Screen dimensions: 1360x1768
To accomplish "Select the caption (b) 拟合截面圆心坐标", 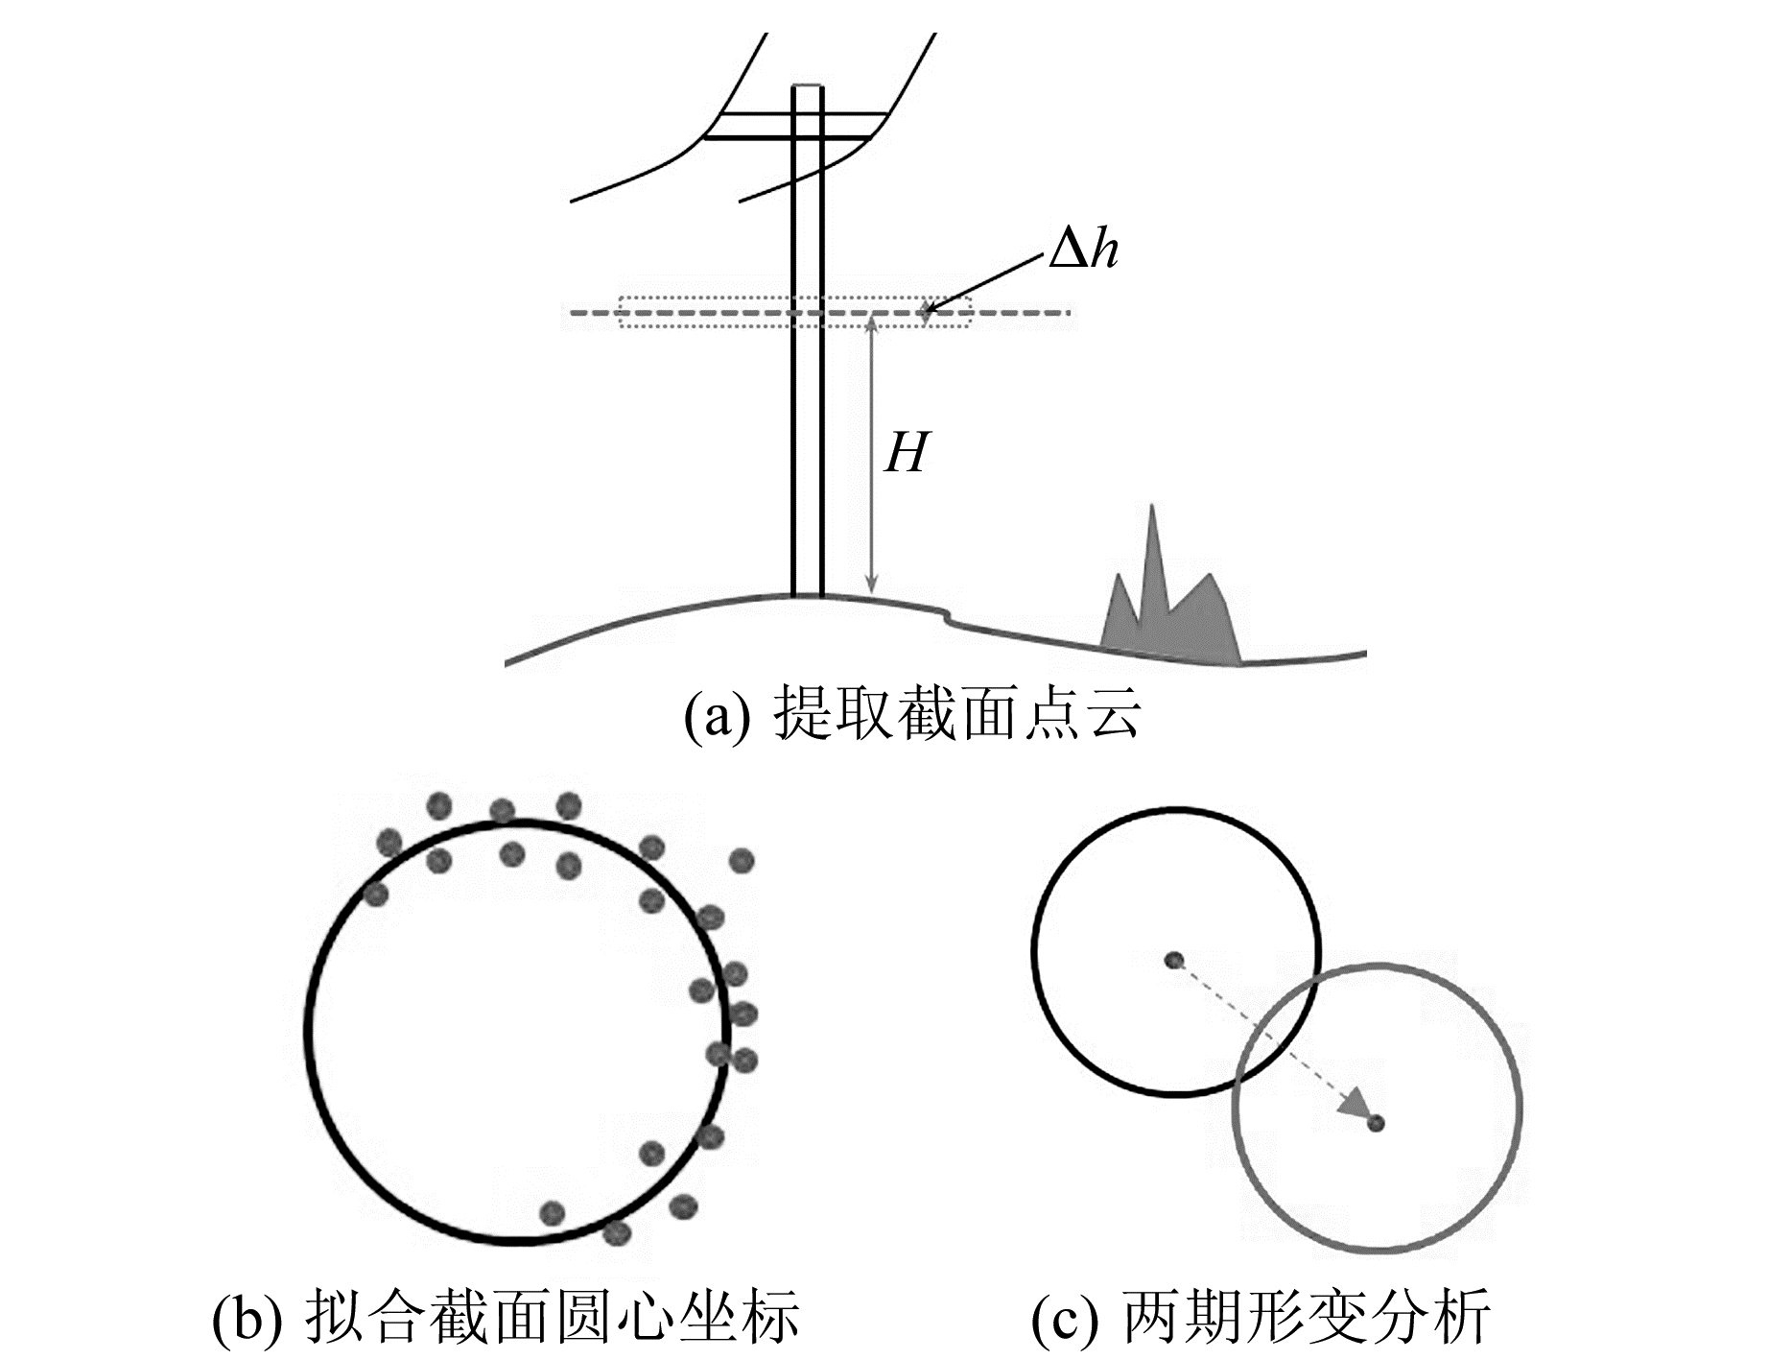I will tap(506, 1316).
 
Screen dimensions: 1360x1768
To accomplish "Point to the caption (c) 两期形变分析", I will tap(1261, 1316).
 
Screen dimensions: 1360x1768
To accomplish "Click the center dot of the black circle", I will tap(1172, 960).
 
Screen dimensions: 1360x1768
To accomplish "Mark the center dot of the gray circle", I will tap(1377, 1122).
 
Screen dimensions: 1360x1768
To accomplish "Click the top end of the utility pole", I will tap(808, 89).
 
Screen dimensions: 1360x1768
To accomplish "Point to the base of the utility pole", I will tap(808, 592).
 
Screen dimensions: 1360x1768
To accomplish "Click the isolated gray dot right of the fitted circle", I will tap(741, 861).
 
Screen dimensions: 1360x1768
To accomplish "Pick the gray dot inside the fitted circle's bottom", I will tap(552, 1213).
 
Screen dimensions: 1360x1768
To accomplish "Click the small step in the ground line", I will tap(947, 614).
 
